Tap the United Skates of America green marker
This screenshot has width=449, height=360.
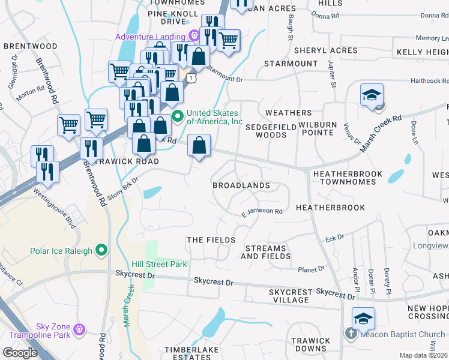pos(177,116)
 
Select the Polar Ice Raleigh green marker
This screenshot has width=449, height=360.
pos(101,250)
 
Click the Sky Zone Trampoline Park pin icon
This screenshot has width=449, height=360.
pos(79,329)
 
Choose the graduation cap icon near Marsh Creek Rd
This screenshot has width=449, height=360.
pos(372,95)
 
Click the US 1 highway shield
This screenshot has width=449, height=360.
pos(190,78)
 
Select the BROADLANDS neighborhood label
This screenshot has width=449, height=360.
pos(241,185)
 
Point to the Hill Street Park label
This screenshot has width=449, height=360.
pos(160,264)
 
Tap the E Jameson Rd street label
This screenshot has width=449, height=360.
pos(262,211)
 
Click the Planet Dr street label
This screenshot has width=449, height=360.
pos(312,269)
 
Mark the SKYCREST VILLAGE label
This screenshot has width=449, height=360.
pos(291,296)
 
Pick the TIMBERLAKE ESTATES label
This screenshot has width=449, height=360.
pos(191,353)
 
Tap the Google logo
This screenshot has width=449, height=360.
pos(20,353)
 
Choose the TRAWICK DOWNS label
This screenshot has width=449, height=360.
pos(310,344)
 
